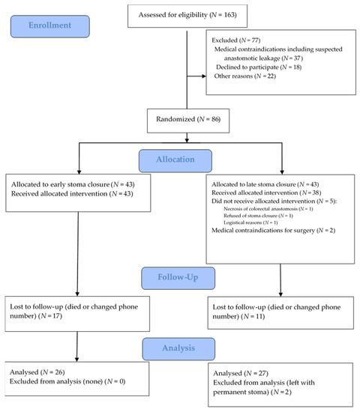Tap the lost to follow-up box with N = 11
tap(279, 311)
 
